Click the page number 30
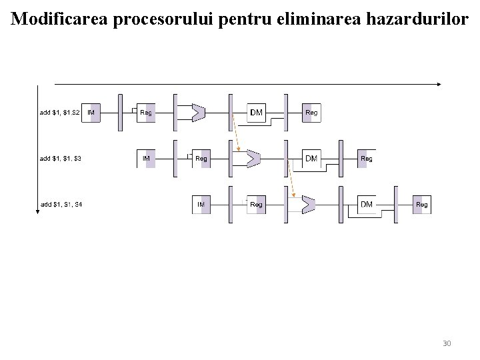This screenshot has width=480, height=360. pos(447,343)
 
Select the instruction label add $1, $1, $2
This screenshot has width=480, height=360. pos(60,113)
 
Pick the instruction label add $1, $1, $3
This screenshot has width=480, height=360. pos(61,159)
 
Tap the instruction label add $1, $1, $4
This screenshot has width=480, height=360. pos(61,204)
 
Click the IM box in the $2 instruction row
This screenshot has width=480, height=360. pos(92,113)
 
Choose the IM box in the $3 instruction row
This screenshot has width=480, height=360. pos(147,159)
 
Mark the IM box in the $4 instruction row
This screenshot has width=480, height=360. pos(201,204)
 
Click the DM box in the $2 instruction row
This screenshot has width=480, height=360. pos(257,113)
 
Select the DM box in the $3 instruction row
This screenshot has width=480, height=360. pos(311,159)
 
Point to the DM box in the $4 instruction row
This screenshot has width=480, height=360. pos(367,204)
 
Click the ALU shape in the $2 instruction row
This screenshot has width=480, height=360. pos(198,113)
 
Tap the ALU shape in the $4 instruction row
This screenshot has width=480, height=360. pos(308,204)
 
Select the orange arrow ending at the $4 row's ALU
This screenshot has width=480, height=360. pos(293,179)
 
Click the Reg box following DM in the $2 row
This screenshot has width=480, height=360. pos(311,113)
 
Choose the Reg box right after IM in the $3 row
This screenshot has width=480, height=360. pos(201,159)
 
